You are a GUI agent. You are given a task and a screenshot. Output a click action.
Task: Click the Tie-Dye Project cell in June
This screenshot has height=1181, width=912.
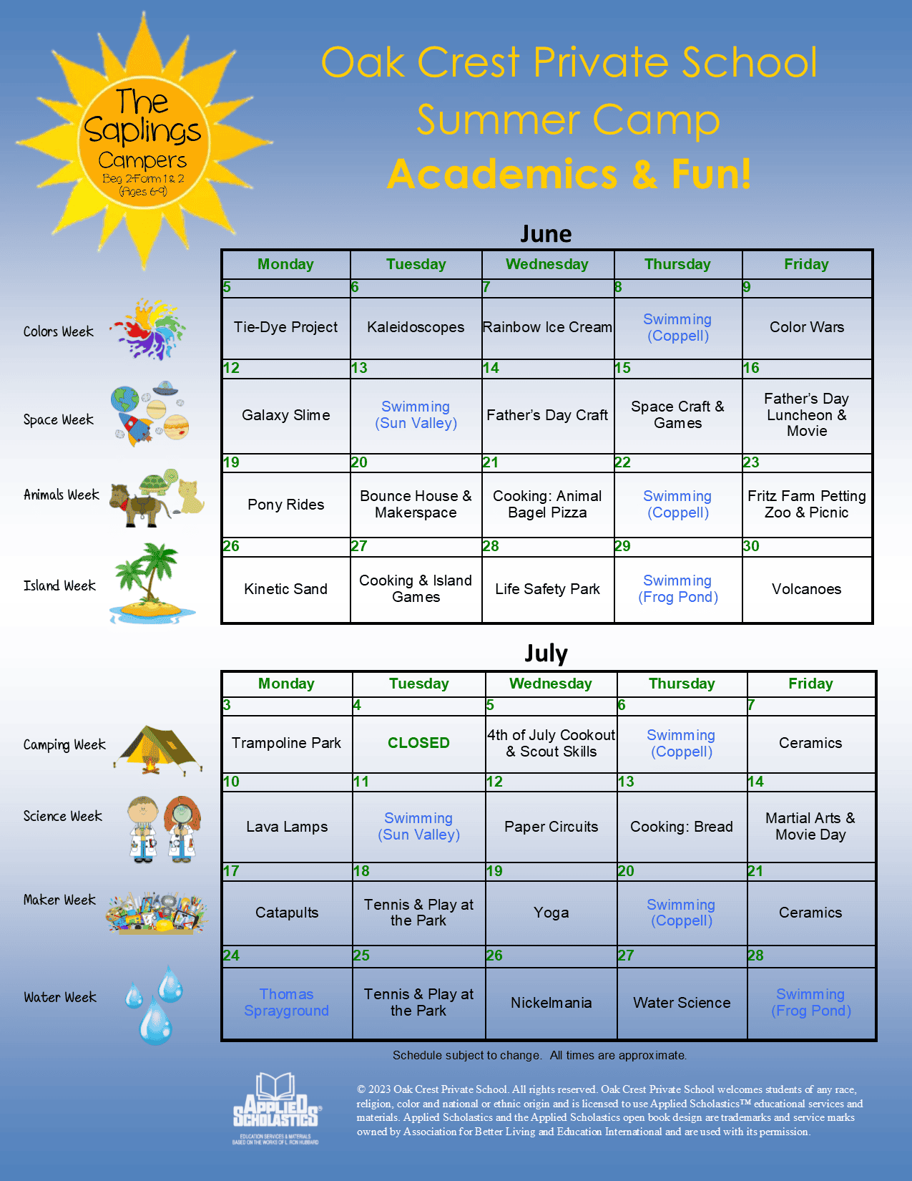(285, 328)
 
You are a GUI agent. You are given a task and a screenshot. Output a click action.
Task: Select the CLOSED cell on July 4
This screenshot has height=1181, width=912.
(418, 743)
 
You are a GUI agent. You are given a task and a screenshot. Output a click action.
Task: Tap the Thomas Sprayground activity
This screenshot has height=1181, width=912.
(286, 1002)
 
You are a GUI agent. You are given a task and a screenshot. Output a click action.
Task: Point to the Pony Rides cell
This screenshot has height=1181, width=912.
(285, 505)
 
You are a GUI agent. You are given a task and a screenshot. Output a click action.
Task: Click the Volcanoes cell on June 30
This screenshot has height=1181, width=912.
(806, 589)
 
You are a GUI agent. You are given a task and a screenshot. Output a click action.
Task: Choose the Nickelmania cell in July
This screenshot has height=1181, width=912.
(551, 1003)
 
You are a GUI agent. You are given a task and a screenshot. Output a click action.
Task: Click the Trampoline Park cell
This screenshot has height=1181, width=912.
(286, 743)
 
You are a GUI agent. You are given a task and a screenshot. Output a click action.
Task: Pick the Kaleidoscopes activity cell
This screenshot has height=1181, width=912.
(416, 328)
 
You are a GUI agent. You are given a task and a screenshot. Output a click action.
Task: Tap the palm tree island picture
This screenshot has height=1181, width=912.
(151, 583)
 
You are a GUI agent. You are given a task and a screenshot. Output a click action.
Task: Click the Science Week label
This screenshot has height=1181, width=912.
(63, 816)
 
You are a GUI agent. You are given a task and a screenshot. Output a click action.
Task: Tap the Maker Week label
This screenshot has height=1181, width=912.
(59, 900)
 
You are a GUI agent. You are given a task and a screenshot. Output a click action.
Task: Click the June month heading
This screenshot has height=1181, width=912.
(546, 234)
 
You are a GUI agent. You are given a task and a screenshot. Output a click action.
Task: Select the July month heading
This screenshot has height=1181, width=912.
(546, 653)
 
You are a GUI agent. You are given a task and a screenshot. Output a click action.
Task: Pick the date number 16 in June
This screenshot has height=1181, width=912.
(751, 368)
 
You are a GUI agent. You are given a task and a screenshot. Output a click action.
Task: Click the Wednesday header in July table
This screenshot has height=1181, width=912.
(550, 684)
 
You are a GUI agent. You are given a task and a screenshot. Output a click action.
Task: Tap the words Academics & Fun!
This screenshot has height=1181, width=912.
(569, 174)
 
